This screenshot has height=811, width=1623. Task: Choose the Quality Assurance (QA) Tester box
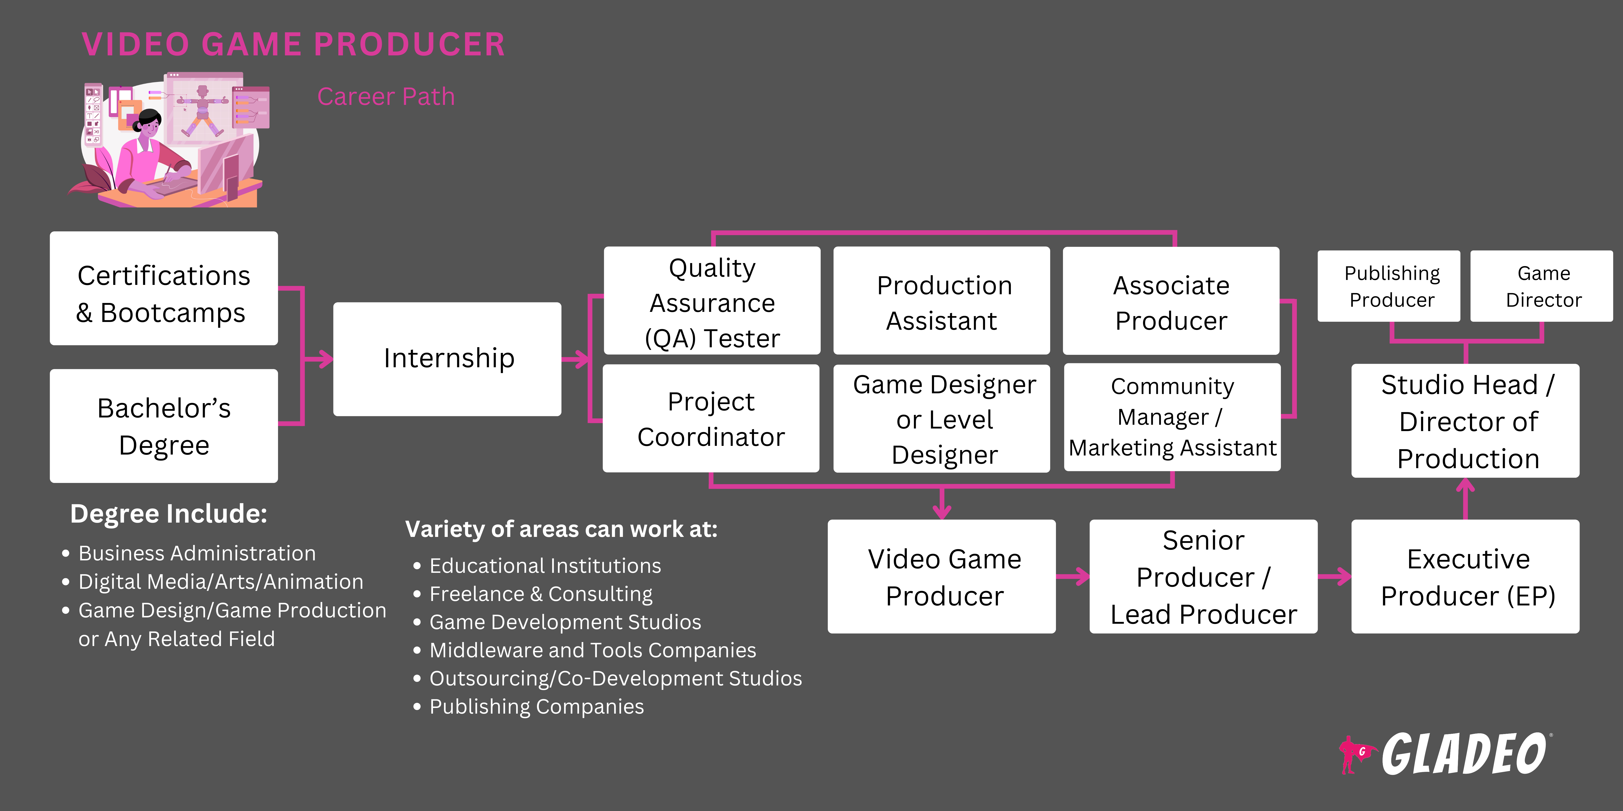click(x=712, y=301)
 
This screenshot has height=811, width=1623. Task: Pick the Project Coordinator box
click(x=711, y=419)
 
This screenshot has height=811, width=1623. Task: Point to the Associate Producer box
click(x=1171, y=301)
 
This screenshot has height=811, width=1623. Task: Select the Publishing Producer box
click(x=1389, y=287)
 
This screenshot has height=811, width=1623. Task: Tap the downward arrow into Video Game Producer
click(x=942, y=504)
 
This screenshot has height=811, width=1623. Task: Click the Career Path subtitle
click(x=386, y=97)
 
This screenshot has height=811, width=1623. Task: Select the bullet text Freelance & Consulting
click(x=541, y=594)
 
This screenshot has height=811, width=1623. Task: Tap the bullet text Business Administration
click(x=197, y=554)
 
